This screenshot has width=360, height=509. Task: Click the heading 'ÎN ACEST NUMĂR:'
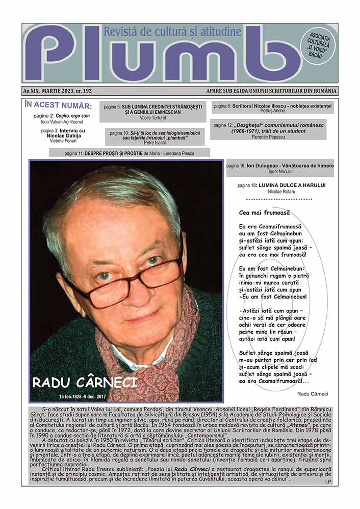(x=58, y=106)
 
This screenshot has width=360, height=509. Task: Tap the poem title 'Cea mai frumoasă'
(x=264, y=212)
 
